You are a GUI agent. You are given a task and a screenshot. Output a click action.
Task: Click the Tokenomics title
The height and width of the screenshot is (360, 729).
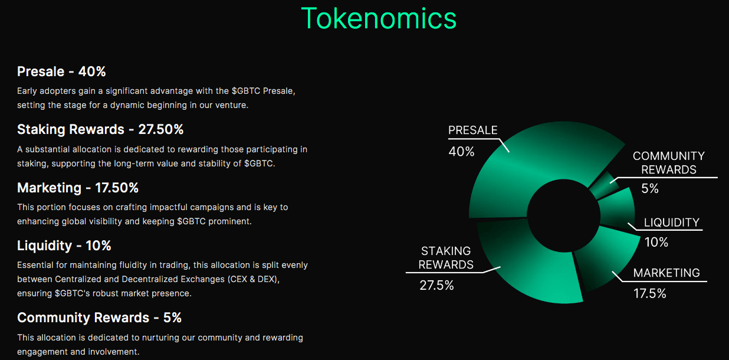coord(379,18)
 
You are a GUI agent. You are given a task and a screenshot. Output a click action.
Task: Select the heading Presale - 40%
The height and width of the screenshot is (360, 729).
coord(61,72)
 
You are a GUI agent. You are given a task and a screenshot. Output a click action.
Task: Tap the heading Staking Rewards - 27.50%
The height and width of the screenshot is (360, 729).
coord(100,130)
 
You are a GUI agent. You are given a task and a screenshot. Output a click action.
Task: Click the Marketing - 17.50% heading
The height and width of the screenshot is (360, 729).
coord(78,188)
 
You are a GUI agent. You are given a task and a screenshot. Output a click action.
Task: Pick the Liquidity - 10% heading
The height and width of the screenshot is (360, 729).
coord(64,246)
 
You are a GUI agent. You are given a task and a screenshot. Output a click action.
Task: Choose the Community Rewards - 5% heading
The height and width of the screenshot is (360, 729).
coord(99,318)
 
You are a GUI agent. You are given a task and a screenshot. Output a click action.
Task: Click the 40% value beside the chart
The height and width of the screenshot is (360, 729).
coord(461,152)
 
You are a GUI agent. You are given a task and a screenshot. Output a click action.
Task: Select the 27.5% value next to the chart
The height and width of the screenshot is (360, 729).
coord(436,286)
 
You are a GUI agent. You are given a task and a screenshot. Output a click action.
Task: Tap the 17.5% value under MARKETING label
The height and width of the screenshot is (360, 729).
coord(649,293)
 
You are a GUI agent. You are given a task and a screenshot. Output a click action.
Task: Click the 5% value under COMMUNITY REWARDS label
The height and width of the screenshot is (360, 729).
coord(649,189)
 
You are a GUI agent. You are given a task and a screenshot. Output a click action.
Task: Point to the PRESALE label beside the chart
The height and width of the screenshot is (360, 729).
coord(472,130)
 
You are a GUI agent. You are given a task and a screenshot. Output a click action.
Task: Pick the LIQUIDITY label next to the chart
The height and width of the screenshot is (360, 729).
coord(671,222)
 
